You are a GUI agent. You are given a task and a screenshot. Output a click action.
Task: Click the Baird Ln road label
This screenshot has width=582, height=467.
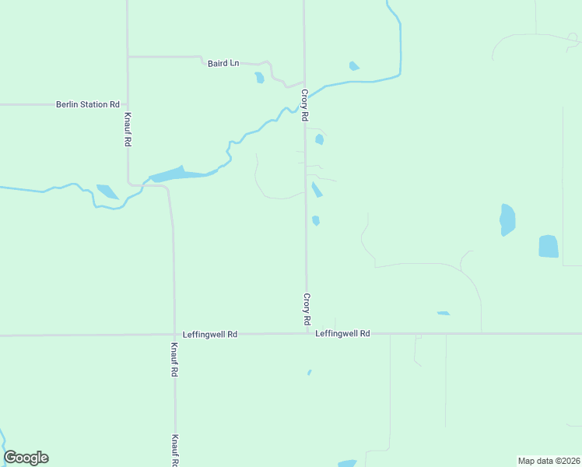(x=223, y=63)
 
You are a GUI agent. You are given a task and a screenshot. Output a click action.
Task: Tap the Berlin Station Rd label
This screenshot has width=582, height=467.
(x=88, y=104)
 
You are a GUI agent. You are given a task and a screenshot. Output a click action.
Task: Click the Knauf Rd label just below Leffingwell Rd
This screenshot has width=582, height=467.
(x=174, y=360)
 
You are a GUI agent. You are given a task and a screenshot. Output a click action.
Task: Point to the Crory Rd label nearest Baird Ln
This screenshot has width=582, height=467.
(x=305, y=104)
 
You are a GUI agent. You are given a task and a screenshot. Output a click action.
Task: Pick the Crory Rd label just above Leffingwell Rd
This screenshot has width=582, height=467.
(x=307, y=309)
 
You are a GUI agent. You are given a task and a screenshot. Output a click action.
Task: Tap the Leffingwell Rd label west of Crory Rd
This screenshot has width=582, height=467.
(x=209, y=334)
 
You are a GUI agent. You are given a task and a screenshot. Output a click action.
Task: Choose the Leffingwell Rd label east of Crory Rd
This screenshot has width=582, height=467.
(x=342, y=333)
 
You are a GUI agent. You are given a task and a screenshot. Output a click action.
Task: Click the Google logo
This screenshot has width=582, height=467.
(x=26, y=458)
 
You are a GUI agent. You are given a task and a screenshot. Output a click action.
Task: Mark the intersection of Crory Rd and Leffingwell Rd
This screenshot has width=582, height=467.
(x=307, y=334)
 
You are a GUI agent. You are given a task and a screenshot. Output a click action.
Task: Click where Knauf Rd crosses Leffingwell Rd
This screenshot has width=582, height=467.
(x=174, y=335)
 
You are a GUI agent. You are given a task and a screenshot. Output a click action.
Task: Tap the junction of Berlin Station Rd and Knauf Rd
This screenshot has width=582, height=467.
(x=128, y=104)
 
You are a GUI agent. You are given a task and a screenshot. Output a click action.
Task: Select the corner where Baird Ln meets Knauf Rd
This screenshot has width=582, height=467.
(x=128, y=57)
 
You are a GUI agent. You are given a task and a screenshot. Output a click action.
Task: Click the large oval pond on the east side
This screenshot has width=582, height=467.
(x=507, y=219)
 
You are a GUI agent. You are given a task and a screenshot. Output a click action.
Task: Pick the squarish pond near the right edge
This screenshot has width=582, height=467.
(x=549, y=247)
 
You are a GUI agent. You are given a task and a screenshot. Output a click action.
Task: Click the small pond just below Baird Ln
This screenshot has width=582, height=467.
(x=259, y=78)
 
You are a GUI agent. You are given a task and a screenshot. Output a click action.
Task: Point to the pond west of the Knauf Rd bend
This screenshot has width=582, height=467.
(x=107, y=191)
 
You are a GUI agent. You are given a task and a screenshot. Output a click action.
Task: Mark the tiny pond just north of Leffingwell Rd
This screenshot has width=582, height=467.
(x=443, y=314)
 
